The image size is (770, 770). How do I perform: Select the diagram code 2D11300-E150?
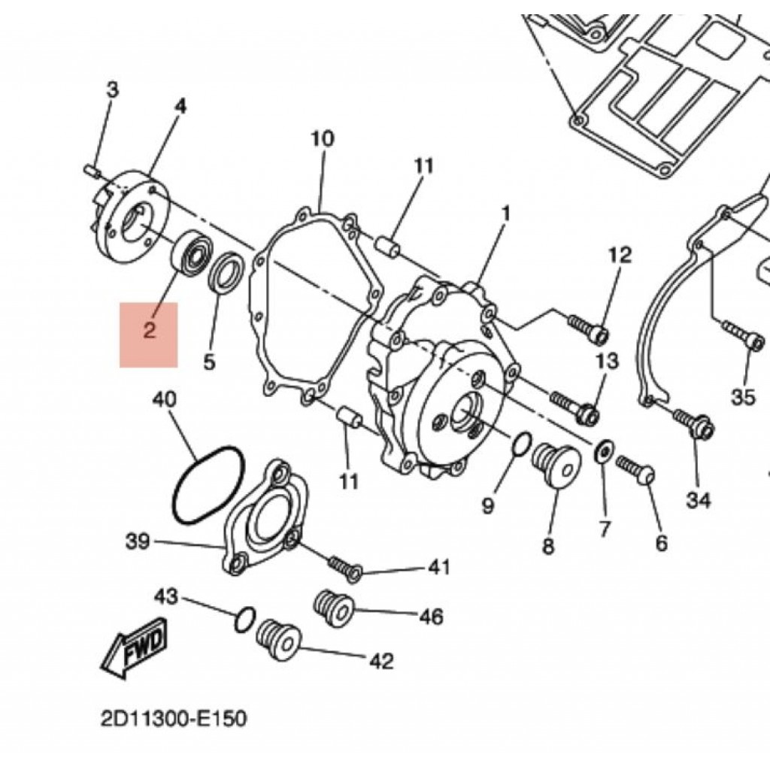point(173,719)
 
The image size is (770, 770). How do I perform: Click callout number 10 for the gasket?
point(321,139)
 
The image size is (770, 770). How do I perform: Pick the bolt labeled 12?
point(587,328)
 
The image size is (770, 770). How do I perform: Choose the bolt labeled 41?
point(345,566)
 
